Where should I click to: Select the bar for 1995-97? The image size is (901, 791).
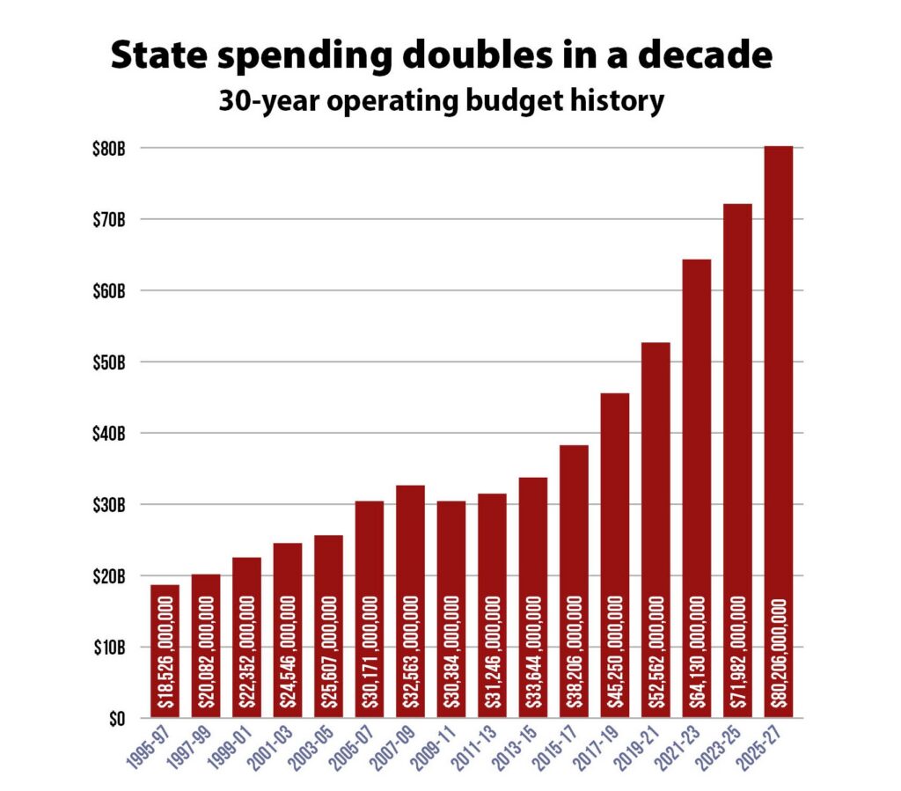coord(165,651)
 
